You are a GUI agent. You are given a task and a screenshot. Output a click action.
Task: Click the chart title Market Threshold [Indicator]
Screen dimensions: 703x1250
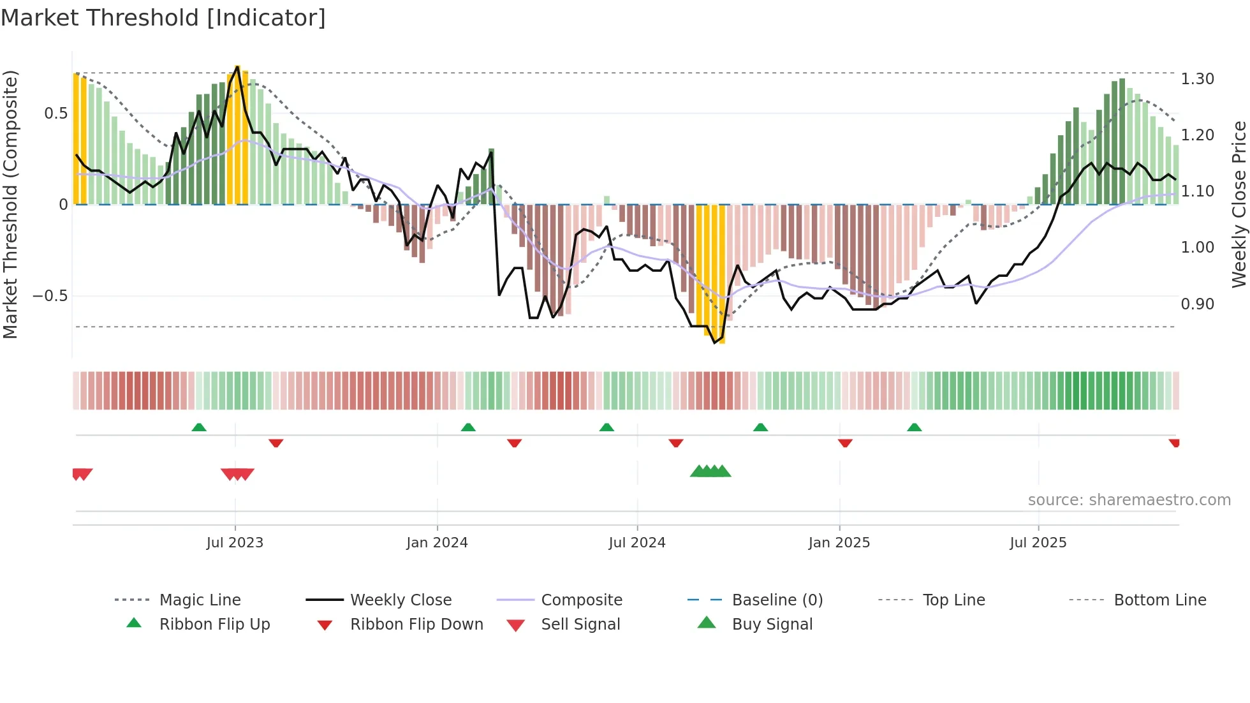point(163,18)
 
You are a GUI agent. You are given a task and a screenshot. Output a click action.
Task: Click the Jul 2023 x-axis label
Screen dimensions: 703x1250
point(235,543)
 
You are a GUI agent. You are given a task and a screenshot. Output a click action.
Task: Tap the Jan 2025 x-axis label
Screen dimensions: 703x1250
point(839,543)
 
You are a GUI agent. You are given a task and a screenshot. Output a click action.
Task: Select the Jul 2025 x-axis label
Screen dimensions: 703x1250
point(1038,543)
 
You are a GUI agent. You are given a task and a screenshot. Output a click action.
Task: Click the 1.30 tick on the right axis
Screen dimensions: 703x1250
point(1197,79)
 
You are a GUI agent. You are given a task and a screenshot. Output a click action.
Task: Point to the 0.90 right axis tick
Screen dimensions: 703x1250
point(1197,304)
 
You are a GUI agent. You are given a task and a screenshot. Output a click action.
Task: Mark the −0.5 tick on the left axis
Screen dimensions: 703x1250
point(50,296)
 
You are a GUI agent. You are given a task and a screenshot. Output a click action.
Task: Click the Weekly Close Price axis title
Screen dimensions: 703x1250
point(1239,204)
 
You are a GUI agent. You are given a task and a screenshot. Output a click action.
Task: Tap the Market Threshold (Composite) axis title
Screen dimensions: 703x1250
point(10,204)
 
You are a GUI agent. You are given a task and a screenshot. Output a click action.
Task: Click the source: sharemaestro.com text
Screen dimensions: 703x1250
point(1129,500)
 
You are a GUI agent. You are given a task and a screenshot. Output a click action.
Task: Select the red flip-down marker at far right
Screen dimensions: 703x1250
point(1174,443)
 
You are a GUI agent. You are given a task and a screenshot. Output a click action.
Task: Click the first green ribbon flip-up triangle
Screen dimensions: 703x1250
point(199,427)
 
